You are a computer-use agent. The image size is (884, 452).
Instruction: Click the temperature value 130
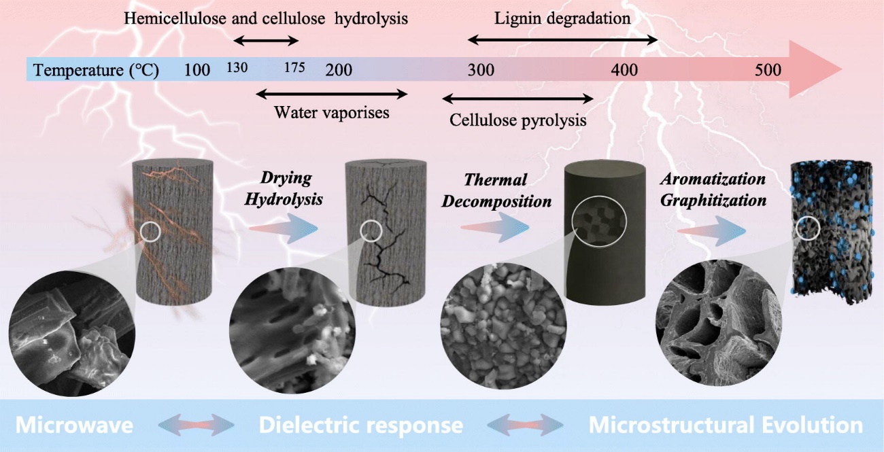pos(237,68)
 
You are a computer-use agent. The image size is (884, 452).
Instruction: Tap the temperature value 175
pos(295,68)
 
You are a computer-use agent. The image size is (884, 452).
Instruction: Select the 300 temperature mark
pos(481,70)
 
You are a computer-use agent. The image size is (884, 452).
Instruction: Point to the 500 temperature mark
pos(768,70)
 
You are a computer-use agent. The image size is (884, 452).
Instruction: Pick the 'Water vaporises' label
pos(331,113)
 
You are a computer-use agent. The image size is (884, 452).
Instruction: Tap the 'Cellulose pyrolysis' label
pos(517,121)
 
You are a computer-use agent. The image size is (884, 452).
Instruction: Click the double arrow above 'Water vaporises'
pos(331,94)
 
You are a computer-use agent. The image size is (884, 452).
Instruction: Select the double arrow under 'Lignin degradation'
pos(563,41)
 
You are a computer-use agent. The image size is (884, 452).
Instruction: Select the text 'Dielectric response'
pos(360,426)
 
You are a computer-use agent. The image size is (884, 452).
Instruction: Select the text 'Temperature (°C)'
pos(96,70)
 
